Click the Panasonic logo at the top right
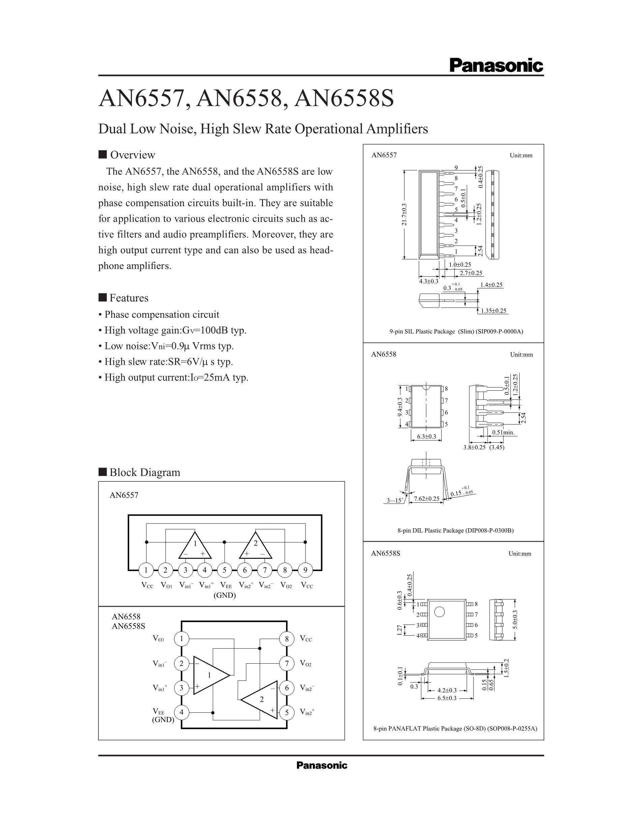click(496, 65)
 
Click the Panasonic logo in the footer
click(322, 765)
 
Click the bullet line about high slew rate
click(169, 361)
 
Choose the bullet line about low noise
click(169, 346)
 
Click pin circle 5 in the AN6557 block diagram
click(224, 570)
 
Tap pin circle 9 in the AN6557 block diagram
click(305, 570)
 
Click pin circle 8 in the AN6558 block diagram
click(287, 639)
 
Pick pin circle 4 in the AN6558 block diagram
click(181, 712)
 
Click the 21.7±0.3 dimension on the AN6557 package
click(404, 214)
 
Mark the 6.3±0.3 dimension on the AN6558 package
click(426, 437)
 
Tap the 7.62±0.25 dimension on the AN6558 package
click(426, 499)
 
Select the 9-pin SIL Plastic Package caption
click(456, 331)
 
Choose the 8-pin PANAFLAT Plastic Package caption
click(455, 729)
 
